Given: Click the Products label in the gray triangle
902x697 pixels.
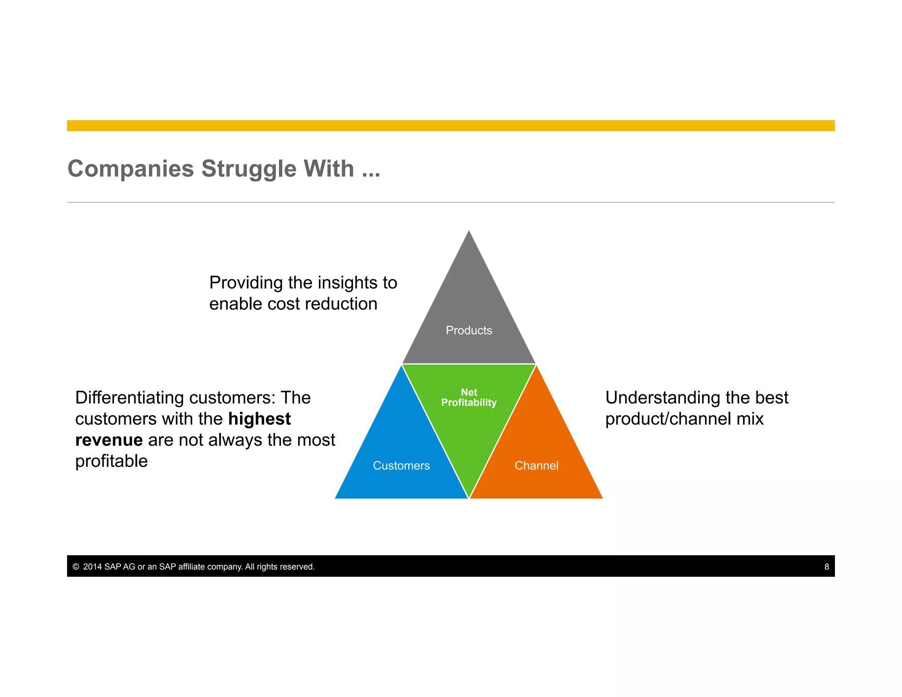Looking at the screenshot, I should (469, 330).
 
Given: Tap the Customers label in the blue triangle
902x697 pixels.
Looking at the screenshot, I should (401, 465).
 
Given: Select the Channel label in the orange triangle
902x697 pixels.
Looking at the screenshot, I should (536, 465).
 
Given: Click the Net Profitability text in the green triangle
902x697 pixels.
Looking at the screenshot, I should (469, 397).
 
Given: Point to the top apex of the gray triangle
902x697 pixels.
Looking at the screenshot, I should (469, 232).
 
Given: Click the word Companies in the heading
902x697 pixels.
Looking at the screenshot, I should (130, 169).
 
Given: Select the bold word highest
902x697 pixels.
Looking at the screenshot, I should (259, 419).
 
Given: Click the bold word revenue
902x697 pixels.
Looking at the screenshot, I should (109, 440).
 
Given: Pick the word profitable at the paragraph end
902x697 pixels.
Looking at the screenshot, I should (111, 461).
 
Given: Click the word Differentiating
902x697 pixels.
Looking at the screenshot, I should (129, 397).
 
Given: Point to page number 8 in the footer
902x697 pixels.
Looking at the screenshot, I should (827, 567).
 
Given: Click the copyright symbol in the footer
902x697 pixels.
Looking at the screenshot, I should (76, 567).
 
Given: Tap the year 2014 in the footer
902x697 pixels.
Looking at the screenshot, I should (92, 567).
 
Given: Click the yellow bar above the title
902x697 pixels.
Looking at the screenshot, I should (451, 126).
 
